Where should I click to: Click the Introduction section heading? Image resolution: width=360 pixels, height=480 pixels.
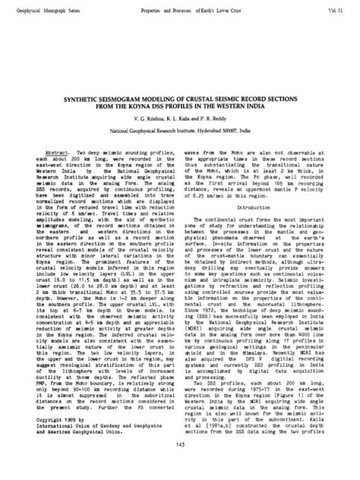click(260, 186)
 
